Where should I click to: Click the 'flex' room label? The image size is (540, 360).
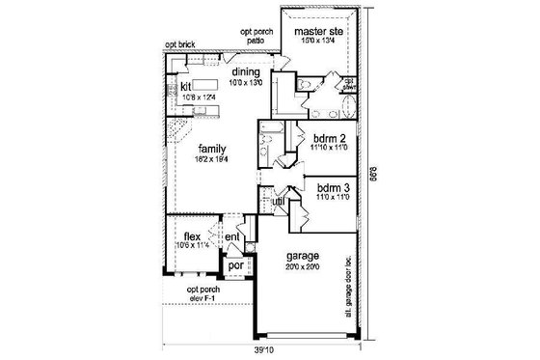pyautogui.click(x=191, y=235)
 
